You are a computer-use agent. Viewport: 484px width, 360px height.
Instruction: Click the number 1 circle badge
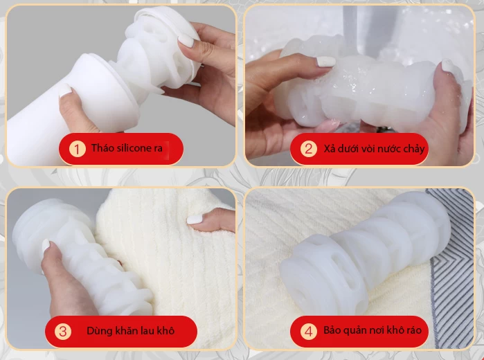pos(78,149)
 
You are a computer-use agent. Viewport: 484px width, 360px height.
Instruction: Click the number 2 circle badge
pos(308,149)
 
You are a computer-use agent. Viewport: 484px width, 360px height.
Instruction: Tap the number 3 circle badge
pos(63,331)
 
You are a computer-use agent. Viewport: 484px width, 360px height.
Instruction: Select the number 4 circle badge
pos(308,331)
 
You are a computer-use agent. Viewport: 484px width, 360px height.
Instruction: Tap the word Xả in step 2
pos(330,149)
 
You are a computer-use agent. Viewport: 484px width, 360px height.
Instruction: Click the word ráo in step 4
pos(411,330)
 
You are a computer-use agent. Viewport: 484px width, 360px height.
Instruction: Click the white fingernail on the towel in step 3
pos(195,219)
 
